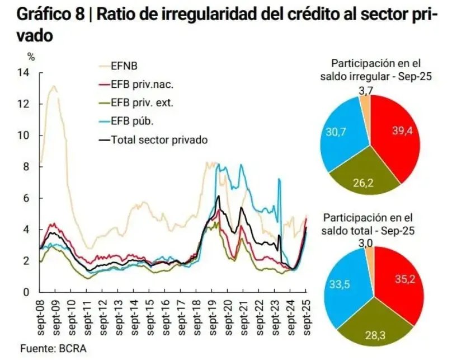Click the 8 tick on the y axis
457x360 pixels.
pos(25,167)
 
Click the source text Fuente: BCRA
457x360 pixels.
pos(54,348)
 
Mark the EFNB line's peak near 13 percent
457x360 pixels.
pos(54,86)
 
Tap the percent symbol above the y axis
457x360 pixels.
pos(31,56)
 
